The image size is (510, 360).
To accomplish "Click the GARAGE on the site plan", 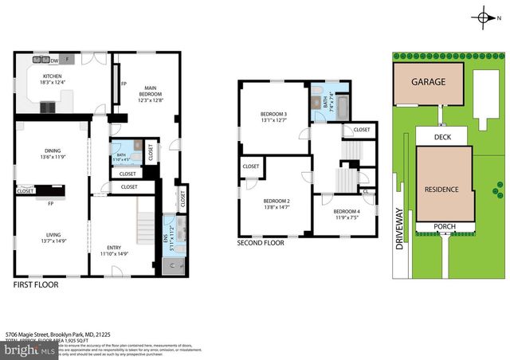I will [428, 82].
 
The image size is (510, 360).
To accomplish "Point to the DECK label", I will [444, 137].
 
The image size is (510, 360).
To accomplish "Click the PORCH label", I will [444, 227].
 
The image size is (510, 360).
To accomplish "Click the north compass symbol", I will [485, 17].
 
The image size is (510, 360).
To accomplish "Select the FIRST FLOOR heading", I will [37, 284].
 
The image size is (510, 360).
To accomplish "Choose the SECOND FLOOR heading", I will [261, 243].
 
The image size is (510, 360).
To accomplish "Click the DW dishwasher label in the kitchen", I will [54, 59].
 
